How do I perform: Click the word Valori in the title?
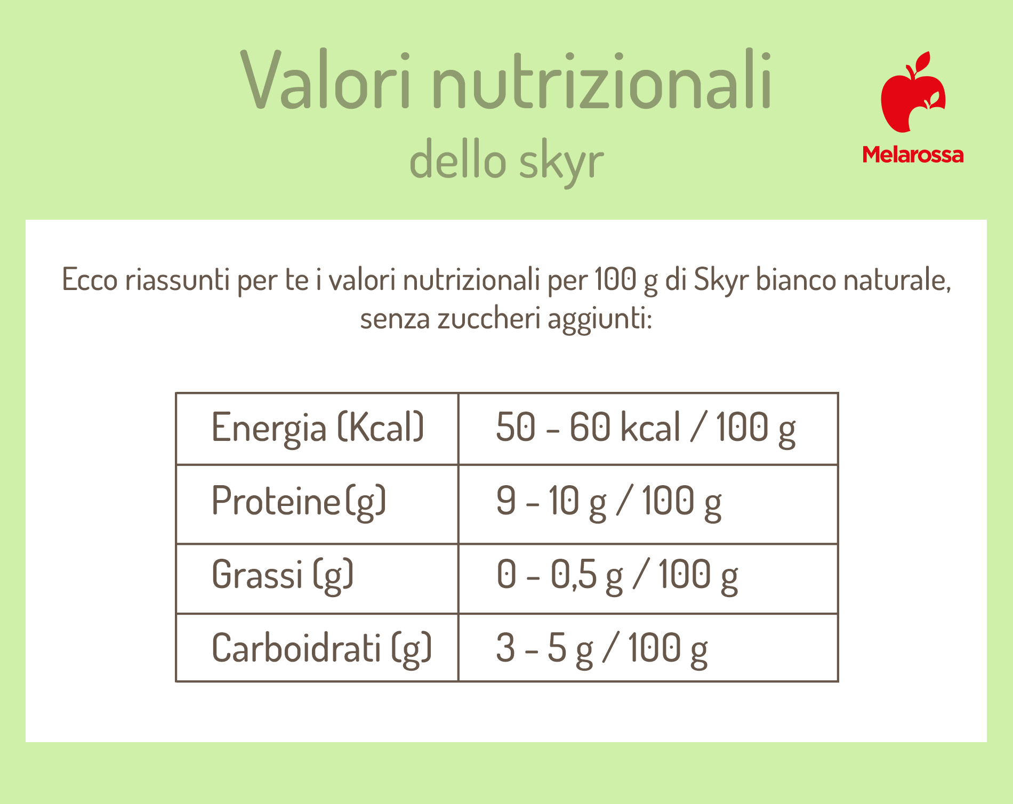tap(326, 80)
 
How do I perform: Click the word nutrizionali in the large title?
tap(602, 80)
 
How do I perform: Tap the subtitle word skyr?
tap(561, 160)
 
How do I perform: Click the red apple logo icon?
tap(913, 92)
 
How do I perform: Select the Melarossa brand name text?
tap(913, 155)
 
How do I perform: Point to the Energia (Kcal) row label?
tap(318, 428)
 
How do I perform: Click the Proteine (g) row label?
tap(299, 501)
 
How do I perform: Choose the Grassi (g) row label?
tap(283, 575)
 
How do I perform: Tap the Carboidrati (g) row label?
tap(321, 648)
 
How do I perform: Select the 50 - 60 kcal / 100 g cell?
tap(646, 428)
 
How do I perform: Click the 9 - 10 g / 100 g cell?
tap(609, 501)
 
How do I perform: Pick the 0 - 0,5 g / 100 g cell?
tap(617, 575)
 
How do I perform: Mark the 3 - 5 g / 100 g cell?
tap(602, 648)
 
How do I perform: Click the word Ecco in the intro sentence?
tap(90, 279)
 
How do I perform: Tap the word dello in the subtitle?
tap(457, 158)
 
